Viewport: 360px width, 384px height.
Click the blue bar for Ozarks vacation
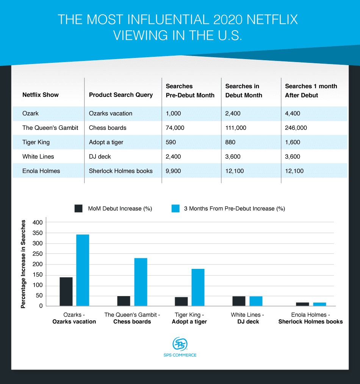tap(83, 270)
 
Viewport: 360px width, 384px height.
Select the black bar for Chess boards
tap(124, 301)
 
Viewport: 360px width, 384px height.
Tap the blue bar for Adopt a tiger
tap(198, 287)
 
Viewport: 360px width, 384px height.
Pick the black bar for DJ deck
tap(239, 301)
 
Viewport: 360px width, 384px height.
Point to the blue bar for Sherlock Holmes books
tap(319, 304)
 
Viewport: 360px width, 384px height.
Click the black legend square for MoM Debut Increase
tap(78, 208)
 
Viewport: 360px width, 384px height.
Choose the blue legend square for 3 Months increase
tap(175, 208)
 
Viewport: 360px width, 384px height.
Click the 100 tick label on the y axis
tap(38, 285)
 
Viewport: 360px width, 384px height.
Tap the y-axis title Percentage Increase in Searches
tap(23, 264)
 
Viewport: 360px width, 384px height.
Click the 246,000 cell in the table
tap(296, 128)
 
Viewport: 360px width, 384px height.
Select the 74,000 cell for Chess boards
tap(175, 128)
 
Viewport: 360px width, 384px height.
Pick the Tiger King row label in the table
tap(36, 142)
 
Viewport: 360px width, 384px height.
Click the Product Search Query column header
tap(121, 95)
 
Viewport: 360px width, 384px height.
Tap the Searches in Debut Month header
tap(244, 91)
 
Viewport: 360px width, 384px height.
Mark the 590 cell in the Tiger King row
tap(171, 142)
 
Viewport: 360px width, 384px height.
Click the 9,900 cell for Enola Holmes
tap(173, 171)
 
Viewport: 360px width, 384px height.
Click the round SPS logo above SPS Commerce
tap(180, 343)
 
